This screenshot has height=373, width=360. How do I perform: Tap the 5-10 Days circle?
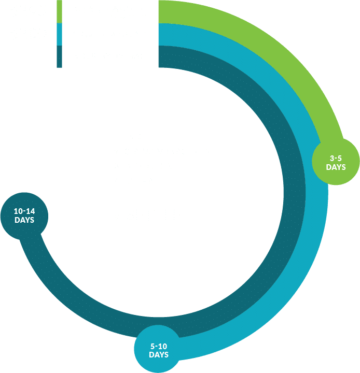tap(159, 350)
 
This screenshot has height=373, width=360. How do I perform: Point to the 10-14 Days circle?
tap(24, 216)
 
